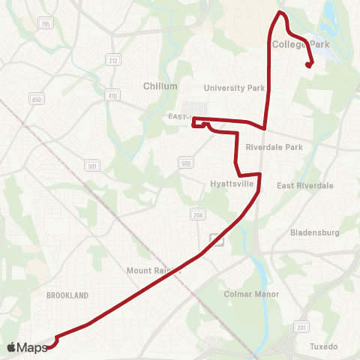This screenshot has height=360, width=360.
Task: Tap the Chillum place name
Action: click(x=160, y=86)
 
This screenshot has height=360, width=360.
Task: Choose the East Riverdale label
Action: click(x=304, y=185)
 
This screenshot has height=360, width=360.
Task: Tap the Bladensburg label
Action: click(x=315, y=232)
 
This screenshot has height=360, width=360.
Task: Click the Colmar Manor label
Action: click(x=251, y=294)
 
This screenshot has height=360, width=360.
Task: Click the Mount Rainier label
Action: click(x=154, y=270)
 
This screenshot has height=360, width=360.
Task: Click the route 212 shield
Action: click(x=113, y=61)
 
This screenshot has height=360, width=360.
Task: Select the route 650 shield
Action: click(x=36, y=99)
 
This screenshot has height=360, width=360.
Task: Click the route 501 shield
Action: click(x=92, y=166)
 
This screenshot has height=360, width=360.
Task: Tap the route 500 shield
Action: click(x=185, y=163)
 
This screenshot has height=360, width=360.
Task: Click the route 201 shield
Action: click(x=301, y=327)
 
